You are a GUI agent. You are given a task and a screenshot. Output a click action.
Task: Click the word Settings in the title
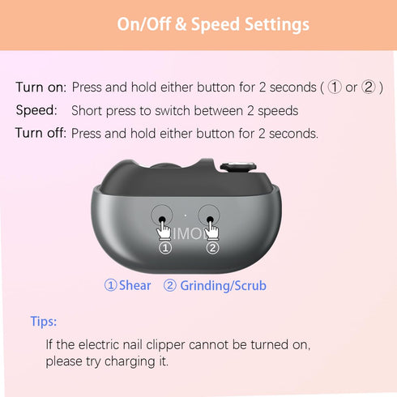[277, 25]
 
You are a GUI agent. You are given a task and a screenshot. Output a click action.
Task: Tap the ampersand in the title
[181, 24]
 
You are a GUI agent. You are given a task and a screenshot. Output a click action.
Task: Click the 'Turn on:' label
[41, 88]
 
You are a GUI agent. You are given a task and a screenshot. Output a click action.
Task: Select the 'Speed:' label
[36, 110]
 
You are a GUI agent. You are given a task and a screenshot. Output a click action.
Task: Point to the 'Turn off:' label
[41, 133]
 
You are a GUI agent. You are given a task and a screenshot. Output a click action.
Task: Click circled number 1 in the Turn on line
[335, 88]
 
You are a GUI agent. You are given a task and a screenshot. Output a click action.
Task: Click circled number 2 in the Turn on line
[369, 88]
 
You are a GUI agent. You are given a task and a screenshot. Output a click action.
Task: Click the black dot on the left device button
[162, 219]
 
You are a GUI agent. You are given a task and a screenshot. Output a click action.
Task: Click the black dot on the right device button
[210, 219]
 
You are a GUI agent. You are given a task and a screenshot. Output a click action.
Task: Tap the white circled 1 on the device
[165, 248]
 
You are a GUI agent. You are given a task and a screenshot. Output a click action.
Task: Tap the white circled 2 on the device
[213, 248]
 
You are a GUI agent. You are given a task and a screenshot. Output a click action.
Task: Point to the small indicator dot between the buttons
[186, 216]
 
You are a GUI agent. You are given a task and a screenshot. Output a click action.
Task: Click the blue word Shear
[134, 285]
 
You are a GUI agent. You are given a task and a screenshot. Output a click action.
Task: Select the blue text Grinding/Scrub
[223, 286]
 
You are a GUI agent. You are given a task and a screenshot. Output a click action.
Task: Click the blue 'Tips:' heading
[44, 322]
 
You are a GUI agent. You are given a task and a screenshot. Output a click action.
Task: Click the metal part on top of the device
[238, 167]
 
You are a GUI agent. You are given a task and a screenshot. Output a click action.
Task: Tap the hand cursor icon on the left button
[164, 229]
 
